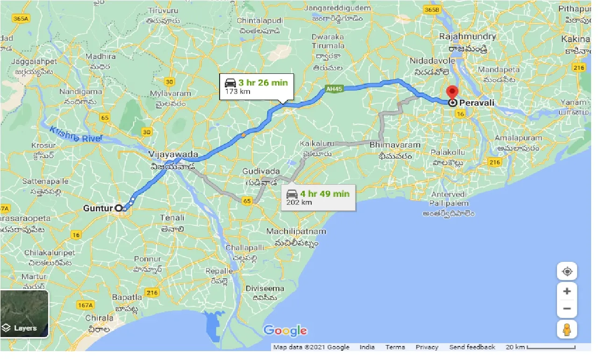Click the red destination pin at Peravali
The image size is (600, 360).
point(452,92)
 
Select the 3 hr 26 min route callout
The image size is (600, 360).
point(257,86)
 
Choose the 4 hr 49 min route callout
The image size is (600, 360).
point(318,197)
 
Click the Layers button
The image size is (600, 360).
point(24,314)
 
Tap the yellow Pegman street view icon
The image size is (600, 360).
point(567,329)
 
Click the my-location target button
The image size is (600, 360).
point(567,272)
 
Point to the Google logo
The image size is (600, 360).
point(285,331)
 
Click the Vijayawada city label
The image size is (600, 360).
point(173,154)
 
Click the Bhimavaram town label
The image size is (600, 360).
point(395,145)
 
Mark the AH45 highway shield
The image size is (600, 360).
point(332,88)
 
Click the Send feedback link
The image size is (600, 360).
point(472,347)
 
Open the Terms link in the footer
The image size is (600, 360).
point(395,347)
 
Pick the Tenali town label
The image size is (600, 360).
point(172,217)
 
